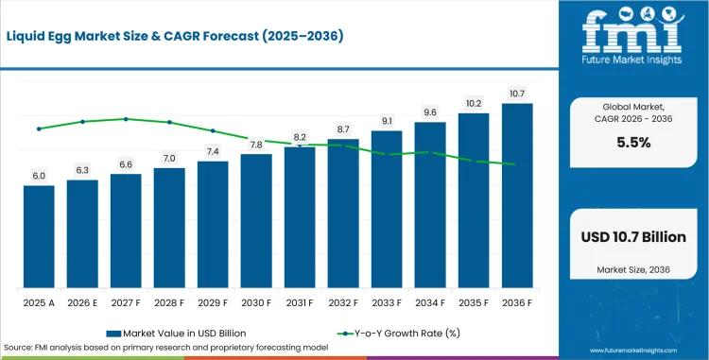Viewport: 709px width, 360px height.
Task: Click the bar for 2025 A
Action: point(39,236)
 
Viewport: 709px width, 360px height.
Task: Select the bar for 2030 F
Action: point(256,221)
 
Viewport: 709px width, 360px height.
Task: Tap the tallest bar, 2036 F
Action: point(517,196)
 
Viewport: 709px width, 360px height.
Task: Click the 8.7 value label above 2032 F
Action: point(343,129)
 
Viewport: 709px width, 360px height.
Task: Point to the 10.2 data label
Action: point(474,103)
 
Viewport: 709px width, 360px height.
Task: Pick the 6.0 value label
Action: point(39,176)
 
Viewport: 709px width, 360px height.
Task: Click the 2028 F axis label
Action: point(169,303)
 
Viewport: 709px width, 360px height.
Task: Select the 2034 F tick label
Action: point(430,303)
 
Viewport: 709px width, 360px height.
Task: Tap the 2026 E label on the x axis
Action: point(82,303)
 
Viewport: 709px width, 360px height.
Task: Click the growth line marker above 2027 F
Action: point(126,119)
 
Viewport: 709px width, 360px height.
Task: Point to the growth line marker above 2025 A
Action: point(39,129)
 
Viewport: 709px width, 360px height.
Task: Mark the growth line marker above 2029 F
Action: point(213,130)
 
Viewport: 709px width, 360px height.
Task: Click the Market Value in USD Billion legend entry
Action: point(177,334)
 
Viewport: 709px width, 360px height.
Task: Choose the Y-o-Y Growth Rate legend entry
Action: point(399,334)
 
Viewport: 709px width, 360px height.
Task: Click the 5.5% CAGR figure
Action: point(634,143)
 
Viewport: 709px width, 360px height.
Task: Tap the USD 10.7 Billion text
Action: point(633,236)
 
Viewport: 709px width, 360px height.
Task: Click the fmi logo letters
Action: point(632,31)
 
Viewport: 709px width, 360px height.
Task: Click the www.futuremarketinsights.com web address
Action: point(633,351)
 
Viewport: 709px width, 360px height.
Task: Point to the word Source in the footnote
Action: point(17,348)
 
